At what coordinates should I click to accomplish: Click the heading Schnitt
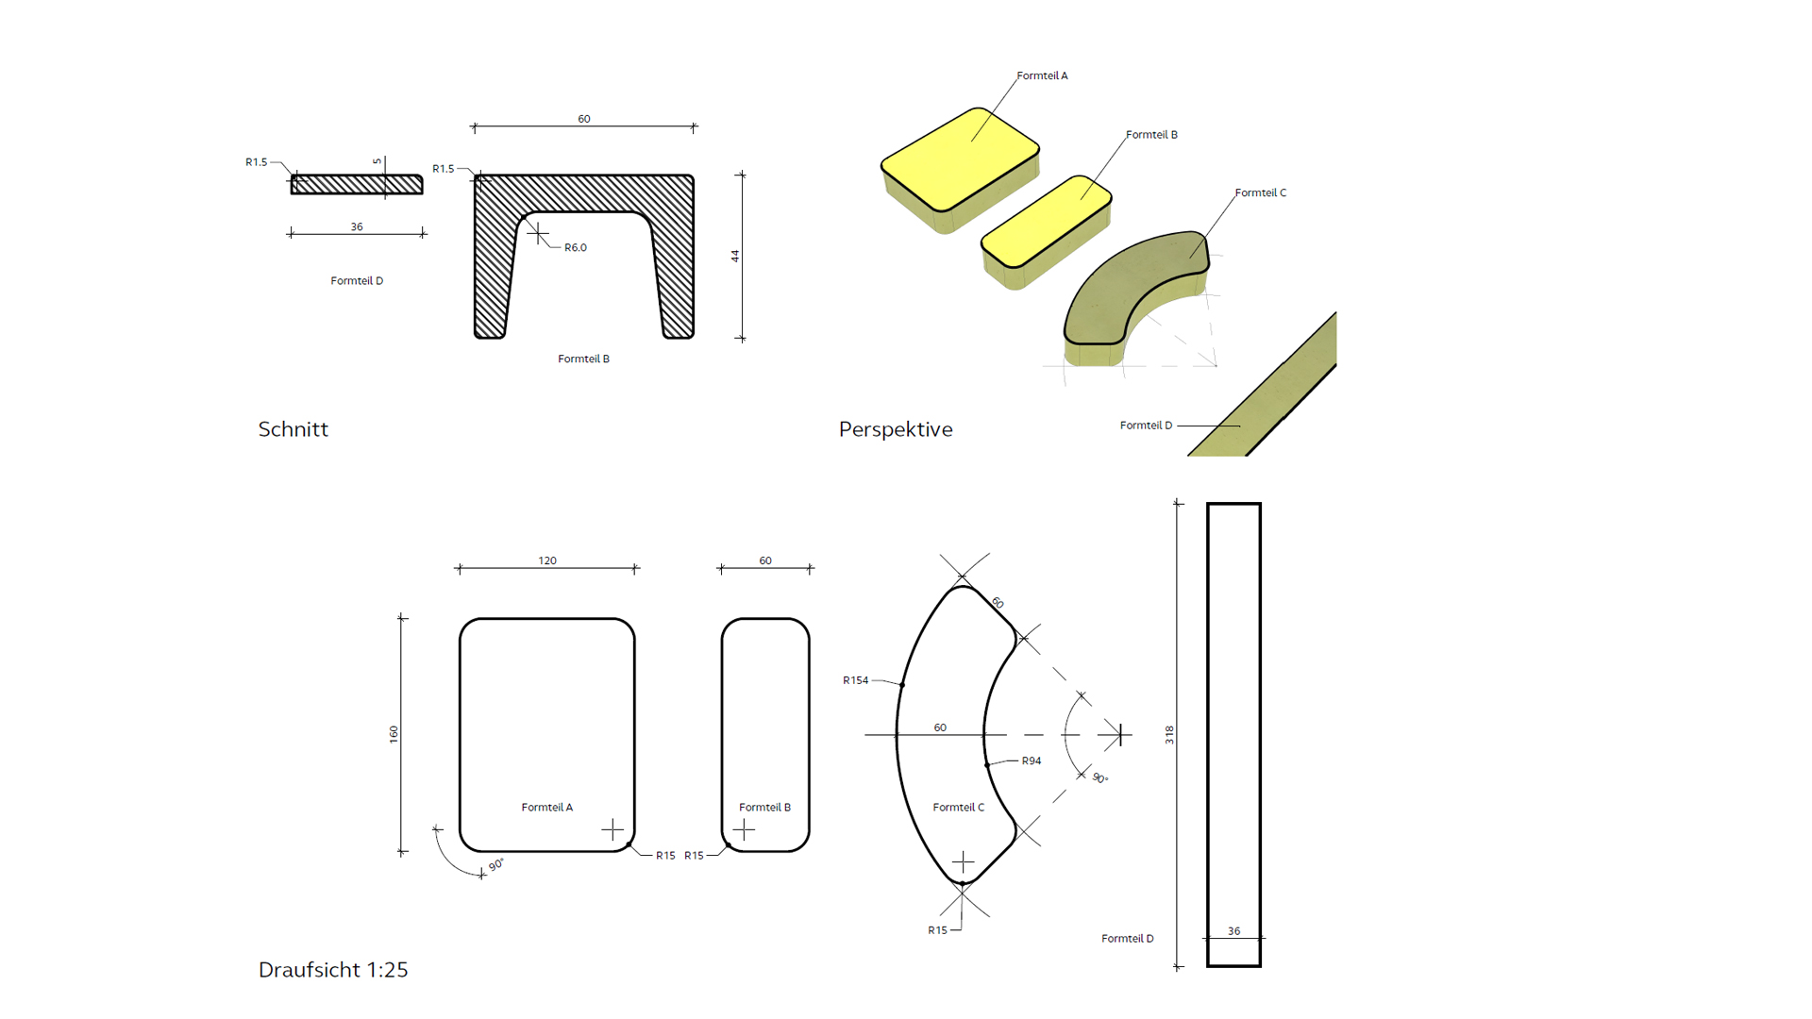(293, 429)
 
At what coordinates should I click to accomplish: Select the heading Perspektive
(896, 429)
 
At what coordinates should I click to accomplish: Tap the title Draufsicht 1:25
(333, 970)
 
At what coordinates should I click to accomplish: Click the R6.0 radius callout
(576, 247)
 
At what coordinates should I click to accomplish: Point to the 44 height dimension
(735, 256)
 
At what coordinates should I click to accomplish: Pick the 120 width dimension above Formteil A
(547, 560)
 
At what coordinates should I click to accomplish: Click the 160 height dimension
(394, 734)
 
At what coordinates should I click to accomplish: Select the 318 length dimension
(1169, 735)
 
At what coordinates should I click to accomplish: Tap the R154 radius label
(855, 680)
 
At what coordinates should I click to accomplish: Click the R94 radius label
(1032, 760)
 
